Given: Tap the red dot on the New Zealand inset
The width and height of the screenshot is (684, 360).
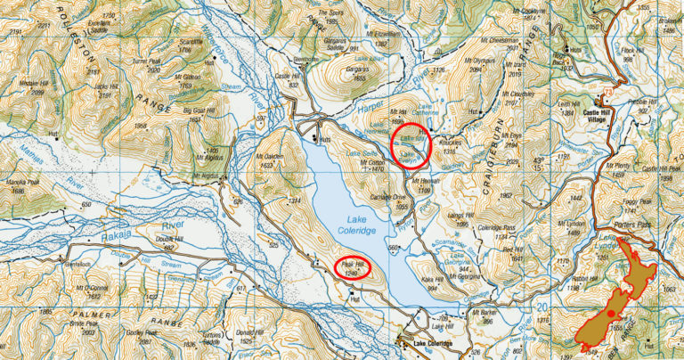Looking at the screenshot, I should (610, 314).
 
